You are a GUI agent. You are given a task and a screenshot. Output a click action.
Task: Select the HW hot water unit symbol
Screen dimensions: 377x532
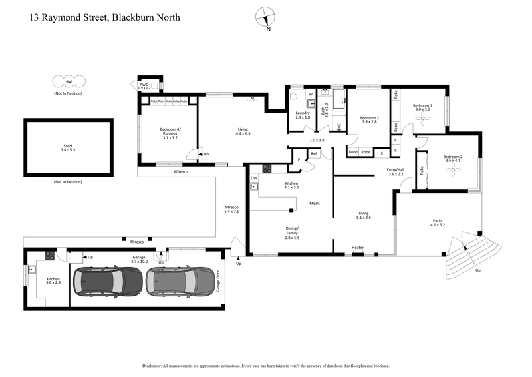tap(68, 81)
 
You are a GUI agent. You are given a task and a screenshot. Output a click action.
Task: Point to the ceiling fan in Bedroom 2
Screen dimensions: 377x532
tap(453, 171)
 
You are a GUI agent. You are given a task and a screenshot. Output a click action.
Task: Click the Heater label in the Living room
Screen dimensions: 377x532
tap(358, 248)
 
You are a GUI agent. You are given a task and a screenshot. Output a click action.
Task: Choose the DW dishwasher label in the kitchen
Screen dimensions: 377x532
tap(254, 179)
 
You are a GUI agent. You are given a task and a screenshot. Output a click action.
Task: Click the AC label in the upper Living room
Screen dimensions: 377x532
tap(253, 99)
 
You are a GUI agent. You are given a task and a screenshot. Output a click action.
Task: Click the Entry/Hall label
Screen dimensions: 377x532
tap(396, 172)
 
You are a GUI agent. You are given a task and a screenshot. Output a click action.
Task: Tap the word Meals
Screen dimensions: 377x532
tap(315, 203)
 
